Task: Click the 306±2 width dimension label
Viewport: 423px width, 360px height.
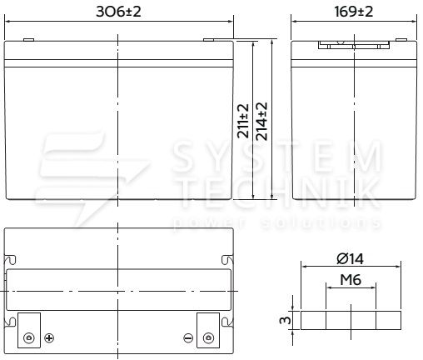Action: pos(118,12)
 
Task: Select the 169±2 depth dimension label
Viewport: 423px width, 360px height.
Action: pos(354,12)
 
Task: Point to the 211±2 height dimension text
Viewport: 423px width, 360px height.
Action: pos(243,121)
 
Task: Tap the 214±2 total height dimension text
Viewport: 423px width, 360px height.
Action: pos(261,121)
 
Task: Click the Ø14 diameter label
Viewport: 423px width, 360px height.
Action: pos(350,259)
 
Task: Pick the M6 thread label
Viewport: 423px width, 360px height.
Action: pos(351,279)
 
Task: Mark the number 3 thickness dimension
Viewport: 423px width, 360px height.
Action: pos(285,320)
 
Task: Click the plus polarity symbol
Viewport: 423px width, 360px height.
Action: pos(49,338)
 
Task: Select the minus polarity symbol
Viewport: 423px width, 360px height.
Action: pos(188,338)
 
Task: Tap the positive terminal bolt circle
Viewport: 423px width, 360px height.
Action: pos(29,338)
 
